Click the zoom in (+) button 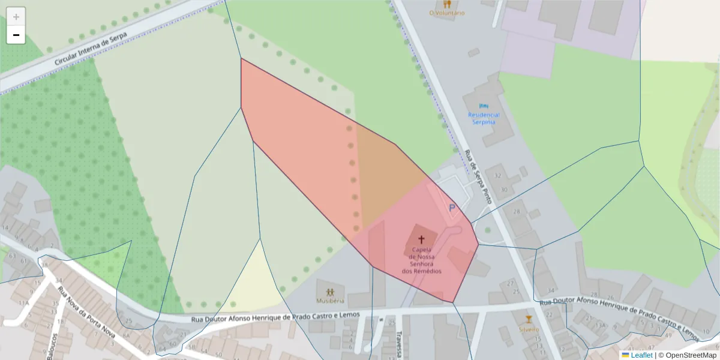point(16,17)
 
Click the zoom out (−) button point(16,35)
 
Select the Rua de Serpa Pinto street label point(478,177)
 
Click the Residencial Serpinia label point(484,118)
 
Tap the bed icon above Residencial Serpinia point(484,105)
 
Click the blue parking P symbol point(452,208)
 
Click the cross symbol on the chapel point(421,239)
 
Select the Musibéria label point(330,301)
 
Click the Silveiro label point(529,329)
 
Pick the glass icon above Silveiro point(529,319)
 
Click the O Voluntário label point(447,13)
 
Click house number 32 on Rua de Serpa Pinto point(497,176)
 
